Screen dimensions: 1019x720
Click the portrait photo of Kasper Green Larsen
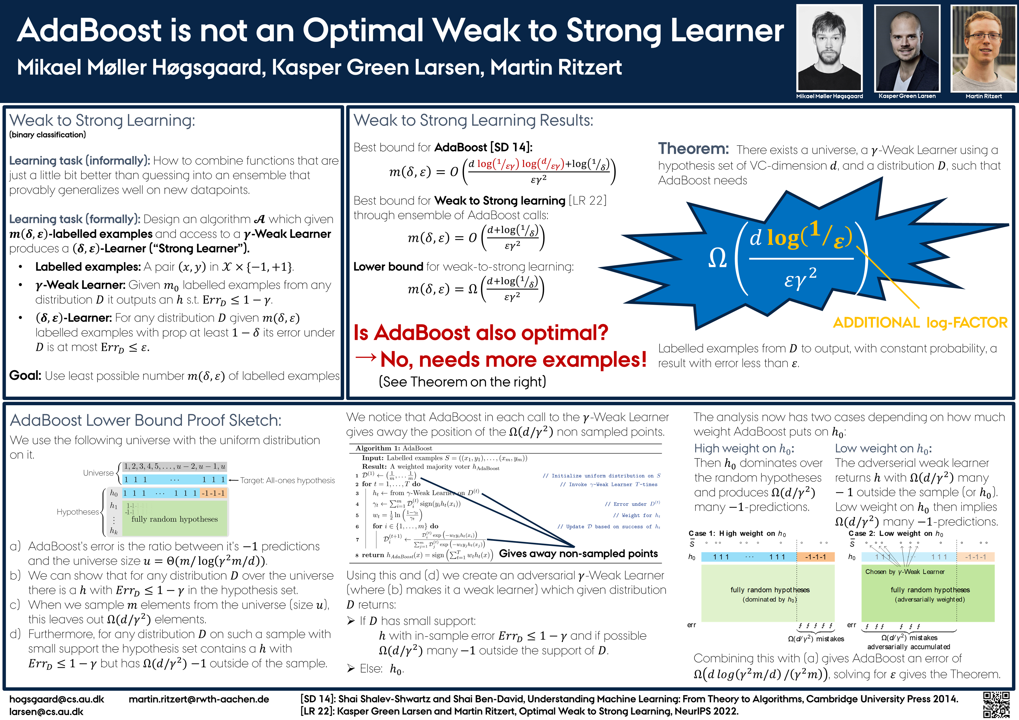pyautogui.click(x=907, y=48)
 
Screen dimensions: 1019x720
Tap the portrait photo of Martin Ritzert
pyautogui.click(x=984, y=48)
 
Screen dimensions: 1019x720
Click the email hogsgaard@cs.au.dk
pyautogui.click(x=57, y=699)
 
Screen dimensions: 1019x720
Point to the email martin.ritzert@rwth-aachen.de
pyautogui.click(x=199, y=699)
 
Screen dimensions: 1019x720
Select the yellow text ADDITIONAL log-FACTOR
pyautogui.click(x=920, y=322)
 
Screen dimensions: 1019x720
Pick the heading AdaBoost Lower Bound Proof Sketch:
pyautogui.click(x=146, y=420)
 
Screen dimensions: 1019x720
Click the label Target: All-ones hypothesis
pyautogui.click(x=287, y=480)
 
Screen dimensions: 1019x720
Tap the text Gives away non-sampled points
pyautogui.click(x=578, y=553)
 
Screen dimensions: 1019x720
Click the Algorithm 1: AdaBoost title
pyautogui.click(x=394, y=448)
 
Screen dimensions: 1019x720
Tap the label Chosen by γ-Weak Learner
pyautogui.click(x=905, y=572)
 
